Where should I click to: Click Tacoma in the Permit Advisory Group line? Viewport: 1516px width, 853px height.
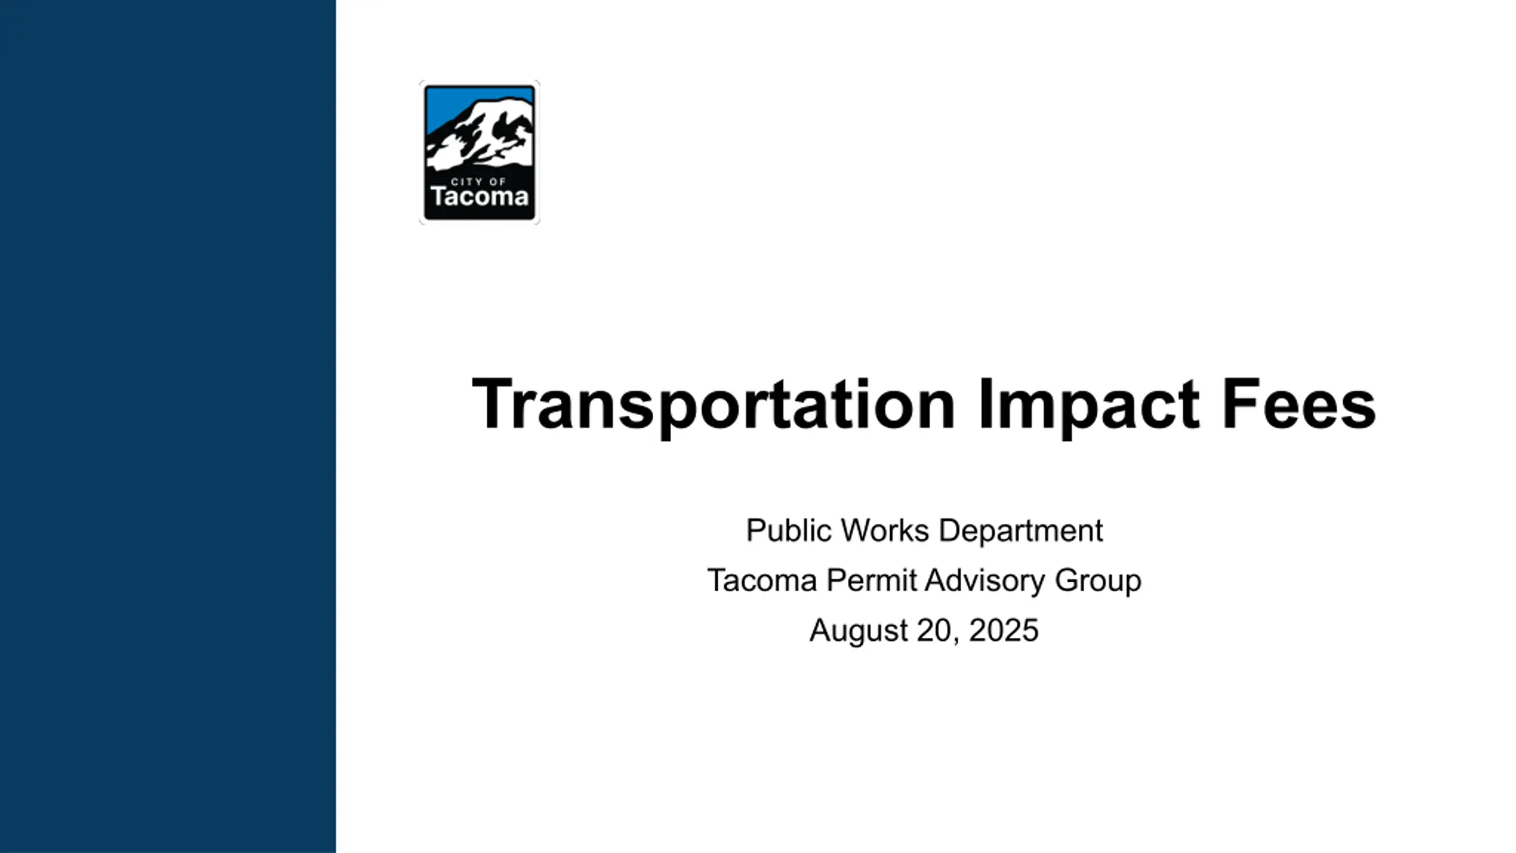click(762, 580)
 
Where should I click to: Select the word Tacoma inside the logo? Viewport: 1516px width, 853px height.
click(480, 197)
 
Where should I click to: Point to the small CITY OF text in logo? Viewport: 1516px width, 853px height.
click(478, 181)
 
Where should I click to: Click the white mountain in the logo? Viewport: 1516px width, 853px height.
click(480, 133)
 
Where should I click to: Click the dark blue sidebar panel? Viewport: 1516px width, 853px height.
click(168, 426)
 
